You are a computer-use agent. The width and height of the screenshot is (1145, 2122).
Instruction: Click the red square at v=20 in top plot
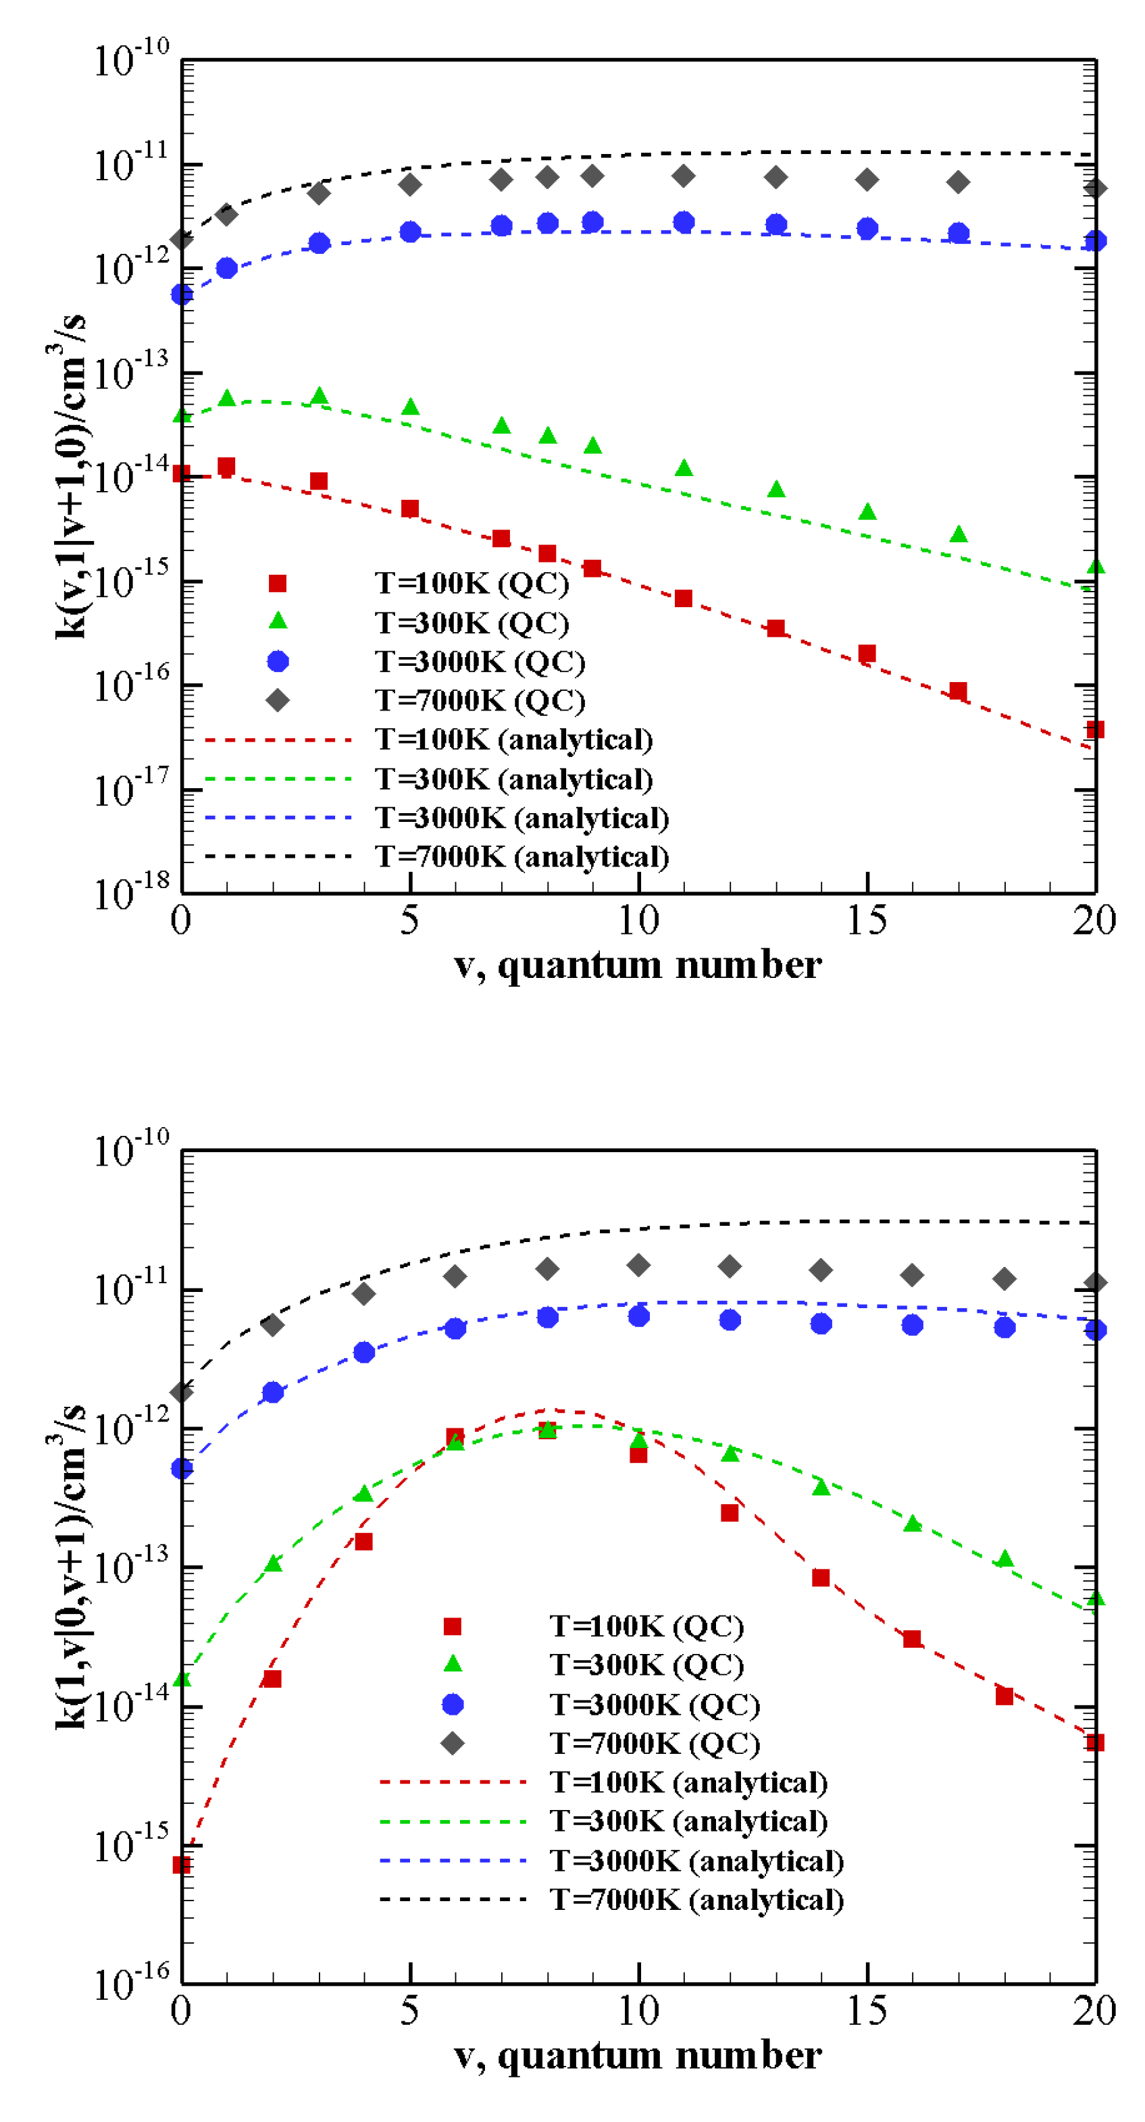(1095, 729)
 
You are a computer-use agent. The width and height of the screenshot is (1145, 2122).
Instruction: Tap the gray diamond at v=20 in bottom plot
(1095, 1283)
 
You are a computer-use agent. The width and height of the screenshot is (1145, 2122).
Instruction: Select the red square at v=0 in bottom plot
(182, 1865)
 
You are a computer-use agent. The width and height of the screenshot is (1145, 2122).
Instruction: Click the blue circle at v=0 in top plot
(182, 294)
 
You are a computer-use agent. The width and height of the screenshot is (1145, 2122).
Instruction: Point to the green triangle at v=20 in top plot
(1095, 567)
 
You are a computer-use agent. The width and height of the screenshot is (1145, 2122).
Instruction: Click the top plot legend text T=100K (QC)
(472, 584)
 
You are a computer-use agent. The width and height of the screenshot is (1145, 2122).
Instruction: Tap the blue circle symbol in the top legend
(278, 661)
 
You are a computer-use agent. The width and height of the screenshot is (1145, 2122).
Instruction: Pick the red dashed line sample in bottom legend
(452, 1782)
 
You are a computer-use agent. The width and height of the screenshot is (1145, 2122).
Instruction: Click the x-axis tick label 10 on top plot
(638, 920)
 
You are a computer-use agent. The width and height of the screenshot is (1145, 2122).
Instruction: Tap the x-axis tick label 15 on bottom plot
(867, 2011)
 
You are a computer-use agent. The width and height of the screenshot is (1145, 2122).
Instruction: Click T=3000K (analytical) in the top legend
(521, 818)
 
